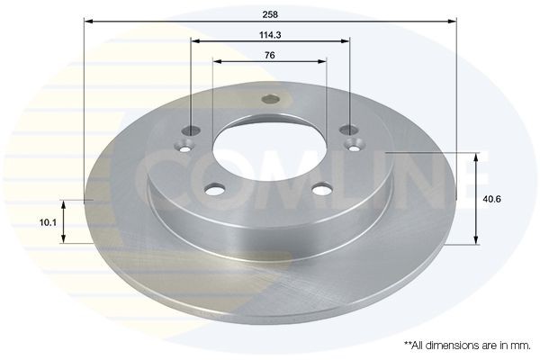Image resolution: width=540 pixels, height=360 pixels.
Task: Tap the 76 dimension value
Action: coord(270,55)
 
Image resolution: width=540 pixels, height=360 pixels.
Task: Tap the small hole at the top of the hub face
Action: coord(270,101)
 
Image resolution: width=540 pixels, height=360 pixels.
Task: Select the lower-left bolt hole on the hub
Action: coord(214,189)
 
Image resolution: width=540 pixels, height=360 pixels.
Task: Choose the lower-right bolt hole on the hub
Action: coord(321,189)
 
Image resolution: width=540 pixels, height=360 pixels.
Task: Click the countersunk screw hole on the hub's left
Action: coord(186,140)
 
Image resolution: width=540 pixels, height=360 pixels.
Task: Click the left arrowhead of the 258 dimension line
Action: coord(88,18)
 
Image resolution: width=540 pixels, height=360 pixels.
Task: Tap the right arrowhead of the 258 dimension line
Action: coord(454,18)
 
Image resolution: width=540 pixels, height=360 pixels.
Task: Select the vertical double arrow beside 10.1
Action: coord(63,221)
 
